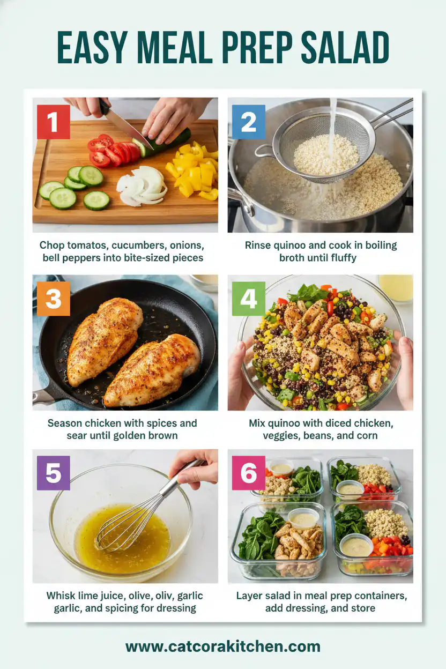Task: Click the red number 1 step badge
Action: [x=53, y=122]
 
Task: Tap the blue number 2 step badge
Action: [x=248, y=122]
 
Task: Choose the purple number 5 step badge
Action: [x=53, y=473]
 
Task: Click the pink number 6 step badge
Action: [x=248, y=473]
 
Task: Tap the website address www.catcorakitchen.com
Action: [x=223, y=646]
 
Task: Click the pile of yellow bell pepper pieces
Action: [x=193, y=170]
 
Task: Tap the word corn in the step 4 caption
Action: [x=367, y=435]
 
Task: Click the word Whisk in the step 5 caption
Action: [x=61, y=596]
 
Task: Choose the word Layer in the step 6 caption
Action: [x=250, y=596]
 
